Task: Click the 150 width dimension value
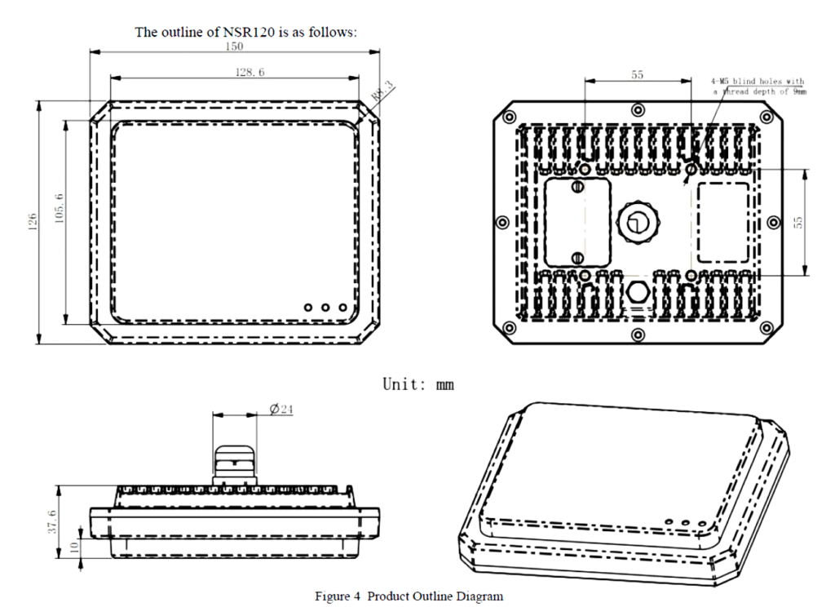(x=236, y=47)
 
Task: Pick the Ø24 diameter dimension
(x=281, y=409)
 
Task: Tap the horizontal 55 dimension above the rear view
(x=638, y=74)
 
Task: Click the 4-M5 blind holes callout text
(x=758, y=86)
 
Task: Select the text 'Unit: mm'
(x=418, y=383)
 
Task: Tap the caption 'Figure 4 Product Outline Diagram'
(x=409, y=596)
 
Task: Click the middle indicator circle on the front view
(x=325, y=308)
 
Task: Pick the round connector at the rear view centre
(x=638, y=220)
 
